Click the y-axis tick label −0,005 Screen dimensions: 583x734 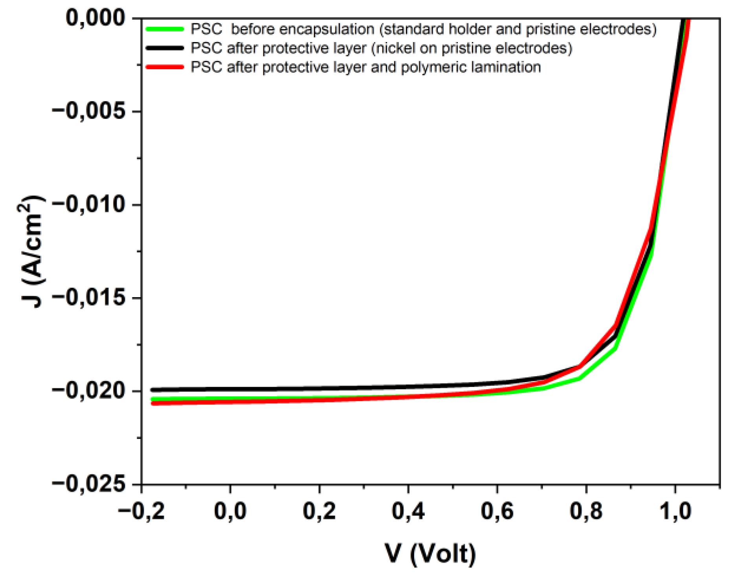90,111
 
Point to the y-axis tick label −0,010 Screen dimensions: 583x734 90,204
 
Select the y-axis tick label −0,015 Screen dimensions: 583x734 90,298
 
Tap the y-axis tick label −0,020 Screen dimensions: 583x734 90,390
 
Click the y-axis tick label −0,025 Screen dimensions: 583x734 90,484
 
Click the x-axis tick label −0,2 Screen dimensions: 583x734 141,511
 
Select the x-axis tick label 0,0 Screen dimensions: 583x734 230,511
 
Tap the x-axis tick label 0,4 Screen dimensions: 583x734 408,511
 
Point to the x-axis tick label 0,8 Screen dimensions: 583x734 586,511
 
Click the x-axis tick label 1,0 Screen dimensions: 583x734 675,511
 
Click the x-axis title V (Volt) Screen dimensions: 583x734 431,554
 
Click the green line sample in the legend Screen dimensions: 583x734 165,29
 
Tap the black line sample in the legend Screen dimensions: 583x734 165,48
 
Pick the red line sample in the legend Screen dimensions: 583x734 165,67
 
